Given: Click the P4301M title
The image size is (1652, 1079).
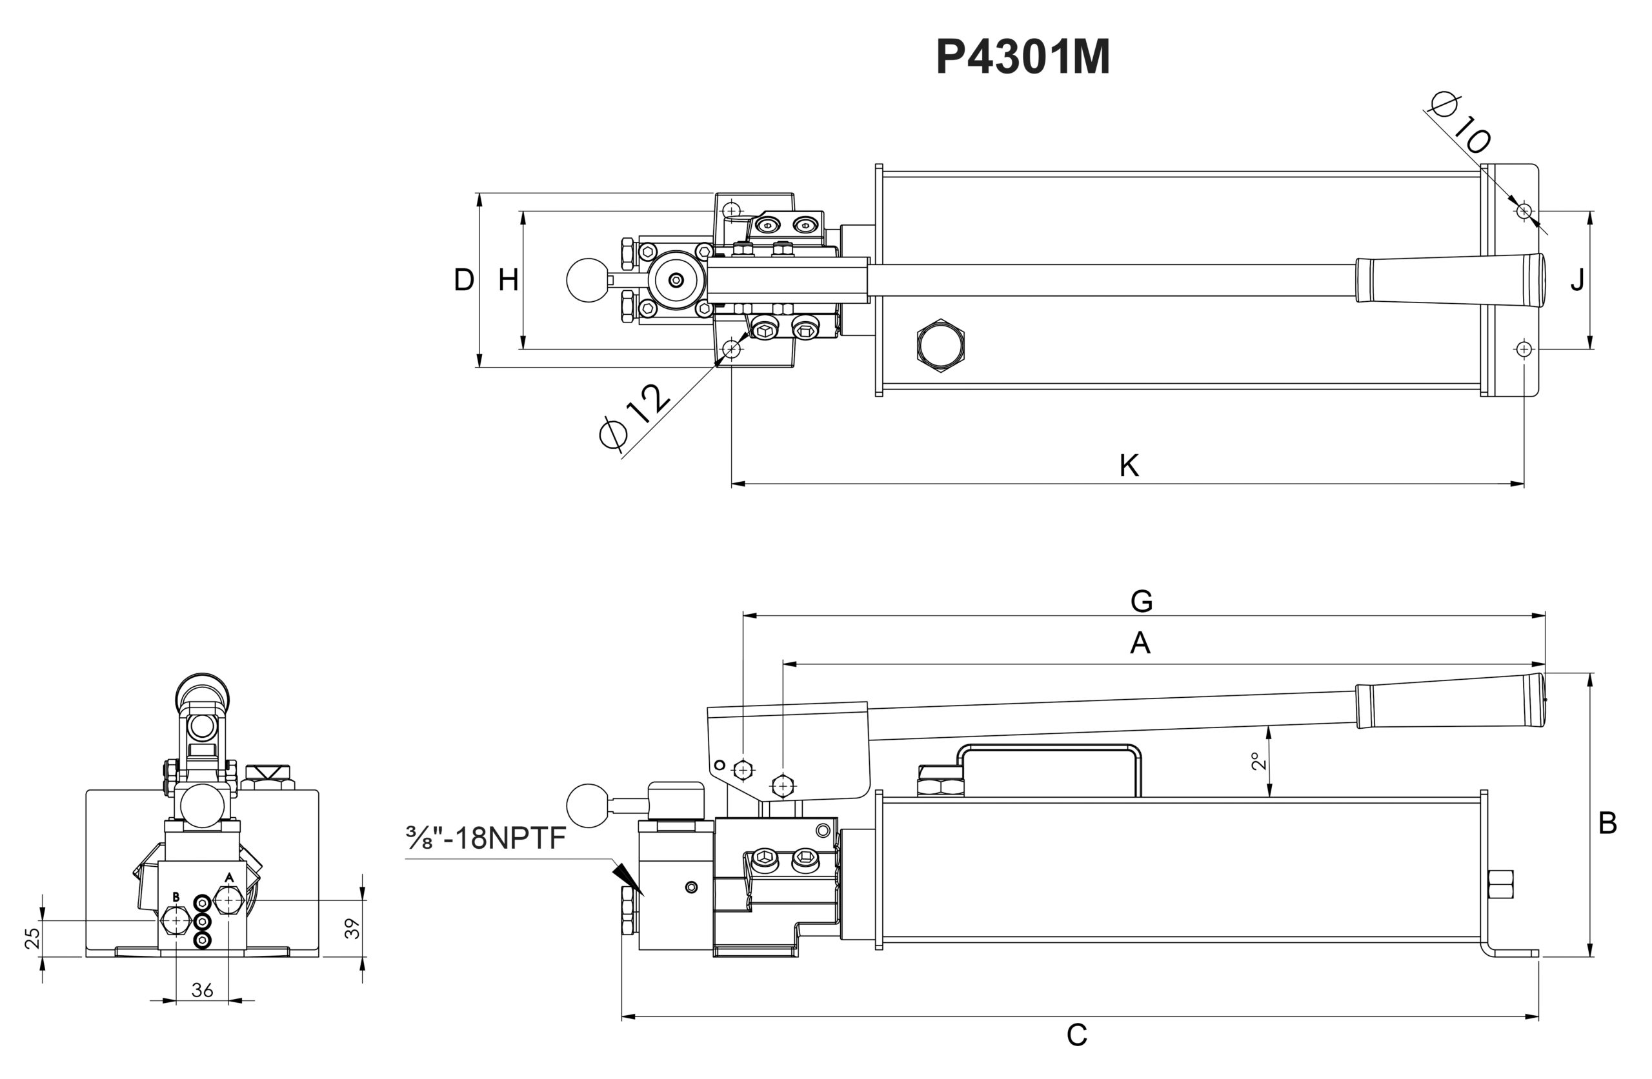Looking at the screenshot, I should click(x=1022, y=56).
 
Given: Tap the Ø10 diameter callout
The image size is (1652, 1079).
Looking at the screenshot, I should click(x=1460, y=131).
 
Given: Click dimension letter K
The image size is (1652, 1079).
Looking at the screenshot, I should click(x=1129, y=466).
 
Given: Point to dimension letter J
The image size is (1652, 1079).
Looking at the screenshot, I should click(x=1578, y=280).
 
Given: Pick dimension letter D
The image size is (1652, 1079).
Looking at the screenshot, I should click(x=464, y=280).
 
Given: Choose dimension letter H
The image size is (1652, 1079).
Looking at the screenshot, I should click(x=508, y=280).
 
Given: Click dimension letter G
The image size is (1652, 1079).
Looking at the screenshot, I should click(x=1141, y=601).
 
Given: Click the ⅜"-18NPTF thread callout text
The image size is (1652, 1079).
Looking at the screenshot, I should click(x=487, y=838).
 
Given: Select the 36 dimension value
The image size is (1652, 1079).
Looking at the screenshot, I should click(x=202, y=990).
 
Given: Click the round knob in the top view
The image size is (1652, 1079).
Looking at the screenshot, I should click(x=587, y=281).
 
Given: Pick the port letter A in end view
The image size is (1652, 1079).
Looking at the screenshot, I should click(x=229, y=878).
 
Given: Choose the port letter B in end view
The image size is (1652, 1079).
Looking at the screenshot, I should click(x=176, y=897).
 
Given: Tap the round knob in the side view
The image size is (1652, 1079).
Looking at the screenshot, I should click(x=587, y=805).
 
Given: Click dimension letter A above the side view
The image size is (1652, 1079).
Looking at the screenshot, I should click(x=1140, y=643).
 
